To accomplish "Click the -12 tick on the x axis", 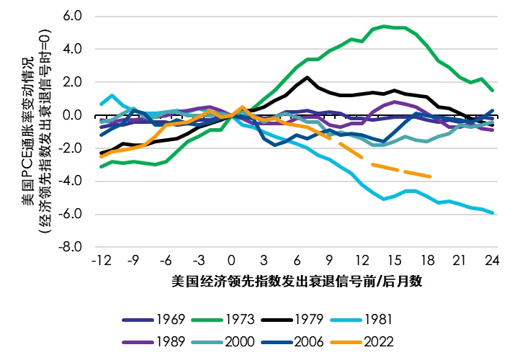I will pyautogui.click(x=100, y=260).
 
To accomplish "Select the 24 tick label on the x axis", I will pyautogui.click(x=493, y=260).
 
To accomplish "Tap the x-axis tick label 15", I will pyautogui.click(x=395, y=260).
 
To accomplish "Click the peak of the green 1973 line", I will pyautogui.click(x=385, y=26).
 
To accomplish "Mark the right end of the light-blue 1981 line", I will pyautogui.click(x=493, y=212).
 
